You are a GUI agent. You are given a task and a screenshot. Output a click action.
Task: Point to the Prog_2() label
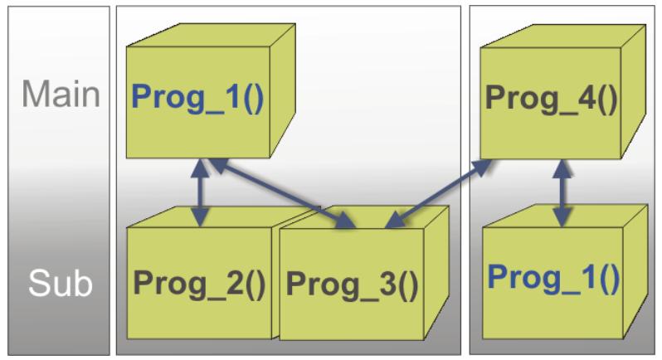(200, 285)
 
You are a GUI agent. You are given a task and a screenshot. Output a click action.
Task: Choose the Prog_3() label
(353, 285)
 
